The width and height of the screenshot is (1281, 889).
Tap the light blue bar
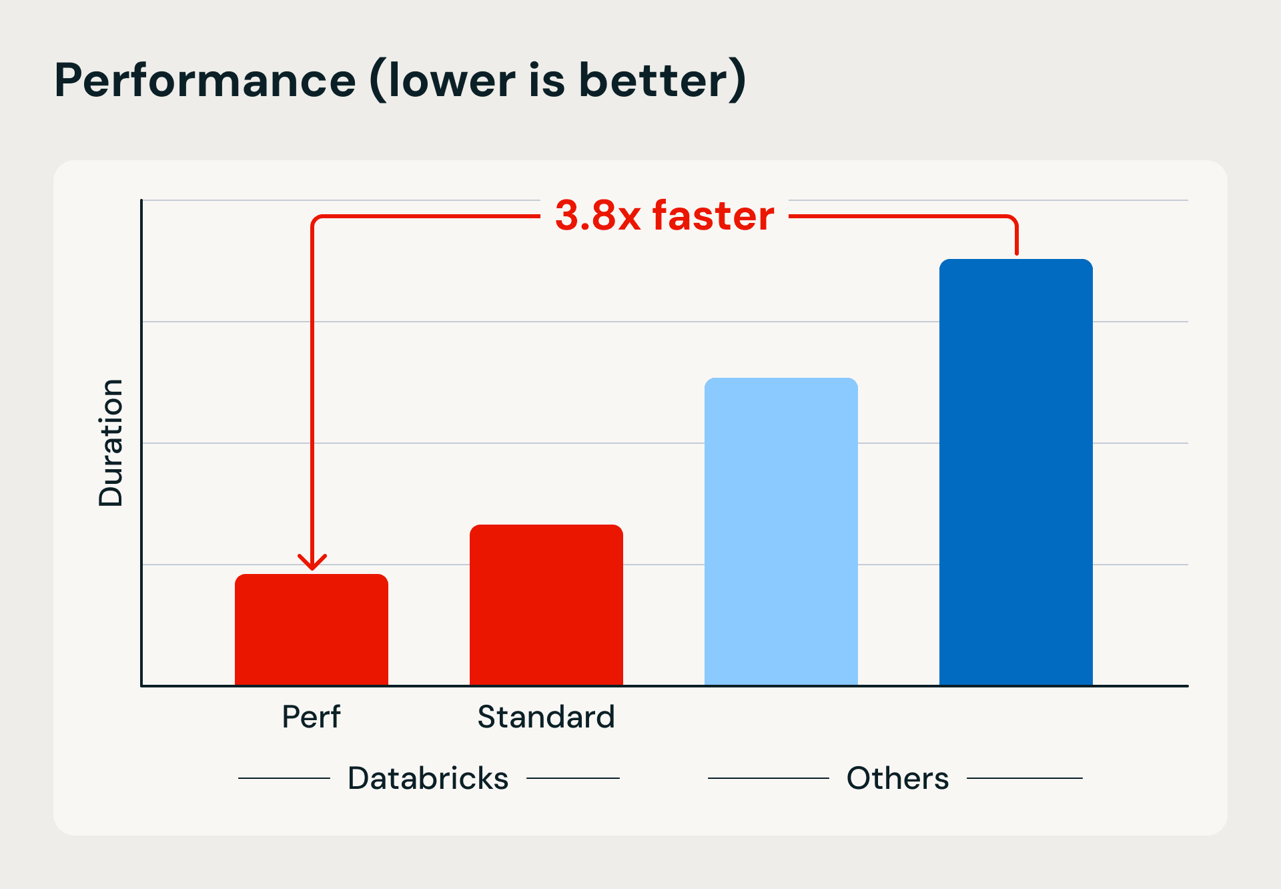pos(781,531)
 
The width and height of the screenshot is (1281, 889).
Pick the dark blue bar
pos(1016,472)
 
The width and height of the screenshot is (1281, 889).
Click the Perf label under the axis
pos(311,717)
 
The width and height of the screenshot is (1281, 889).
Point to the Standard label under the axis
pos(546,717)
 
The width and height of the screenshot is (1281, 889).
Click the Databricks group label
pos(428,778)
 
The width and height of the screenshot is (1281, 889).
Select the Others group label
pos(897,778)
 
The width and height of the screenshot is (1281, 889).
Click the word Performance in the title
pos(205,80)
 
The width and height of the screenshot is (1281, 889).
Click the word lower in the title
pos(452,80)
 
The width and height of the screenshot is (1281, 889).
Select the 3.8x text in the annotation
pos(598,216)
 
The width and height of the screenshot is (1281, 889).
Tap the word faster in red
pos(713,216)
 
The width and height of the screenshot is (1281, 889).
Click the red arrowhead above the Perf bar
pos(312,562)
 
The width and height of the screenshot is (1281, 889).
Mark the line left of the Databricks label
pos(284,778)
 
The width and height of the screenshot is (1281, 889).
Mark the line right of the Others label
pos(1024,778)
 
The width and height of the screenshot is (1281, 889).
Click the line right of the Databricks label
pos(573,778)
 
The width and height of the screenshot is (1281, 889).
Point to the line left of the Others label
pos(768,778)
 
